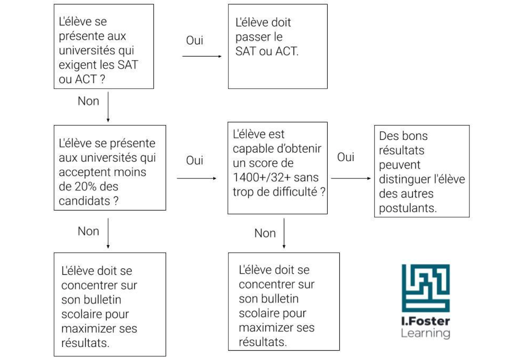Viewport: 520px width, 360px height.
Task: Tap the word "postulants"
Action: coord(408,208)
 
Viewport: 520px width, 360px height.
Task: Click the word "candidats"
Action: coord(84,201)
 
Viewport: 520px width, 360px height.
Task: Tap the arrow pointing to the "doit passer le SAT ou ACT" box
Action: coord(202,57)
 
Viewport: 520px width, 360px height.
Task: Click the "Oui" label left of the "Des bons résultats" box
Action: coord(346,157)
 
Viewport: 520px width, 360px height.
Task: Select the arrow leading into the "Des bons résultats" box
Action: coord(351,178)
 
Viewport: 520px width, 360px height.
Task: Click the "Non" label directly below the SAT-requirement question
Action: coord(88,101)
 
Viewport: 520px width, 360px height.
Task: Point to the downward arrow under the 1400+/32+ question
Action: coord(284,233)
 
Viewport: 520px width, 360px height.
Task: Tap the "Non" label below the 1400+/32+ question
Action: coord(265,233)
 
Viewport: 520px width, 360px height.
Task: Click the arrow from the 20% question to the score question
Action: coord(197,178)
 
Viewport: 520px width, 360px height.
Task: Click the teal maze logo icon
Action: coord(426,288)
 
